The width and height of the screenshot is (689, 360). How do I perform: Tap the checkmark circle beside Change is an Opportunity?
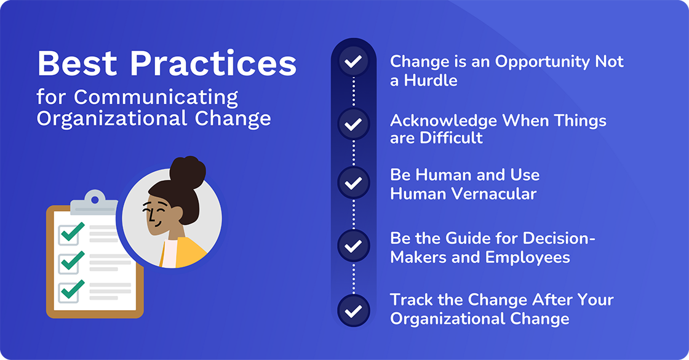coord(353,62)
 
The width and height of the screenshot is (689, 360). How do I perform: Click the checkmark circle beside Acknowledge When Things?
coord(353,124)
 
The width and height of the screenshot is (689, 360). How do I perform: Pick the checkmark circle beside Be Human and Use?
coord(353,183)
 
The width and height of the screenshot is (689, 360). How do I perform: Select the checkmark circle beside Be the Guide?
coord(353,247)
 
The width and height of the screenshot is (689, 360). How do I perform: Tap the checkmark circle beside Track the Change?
coord(353,311)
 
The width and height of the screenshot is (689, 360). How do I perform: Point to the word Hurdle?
coord(431,80)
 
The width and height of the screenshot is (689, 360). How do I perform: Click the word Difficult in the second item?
coord(452,138)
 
